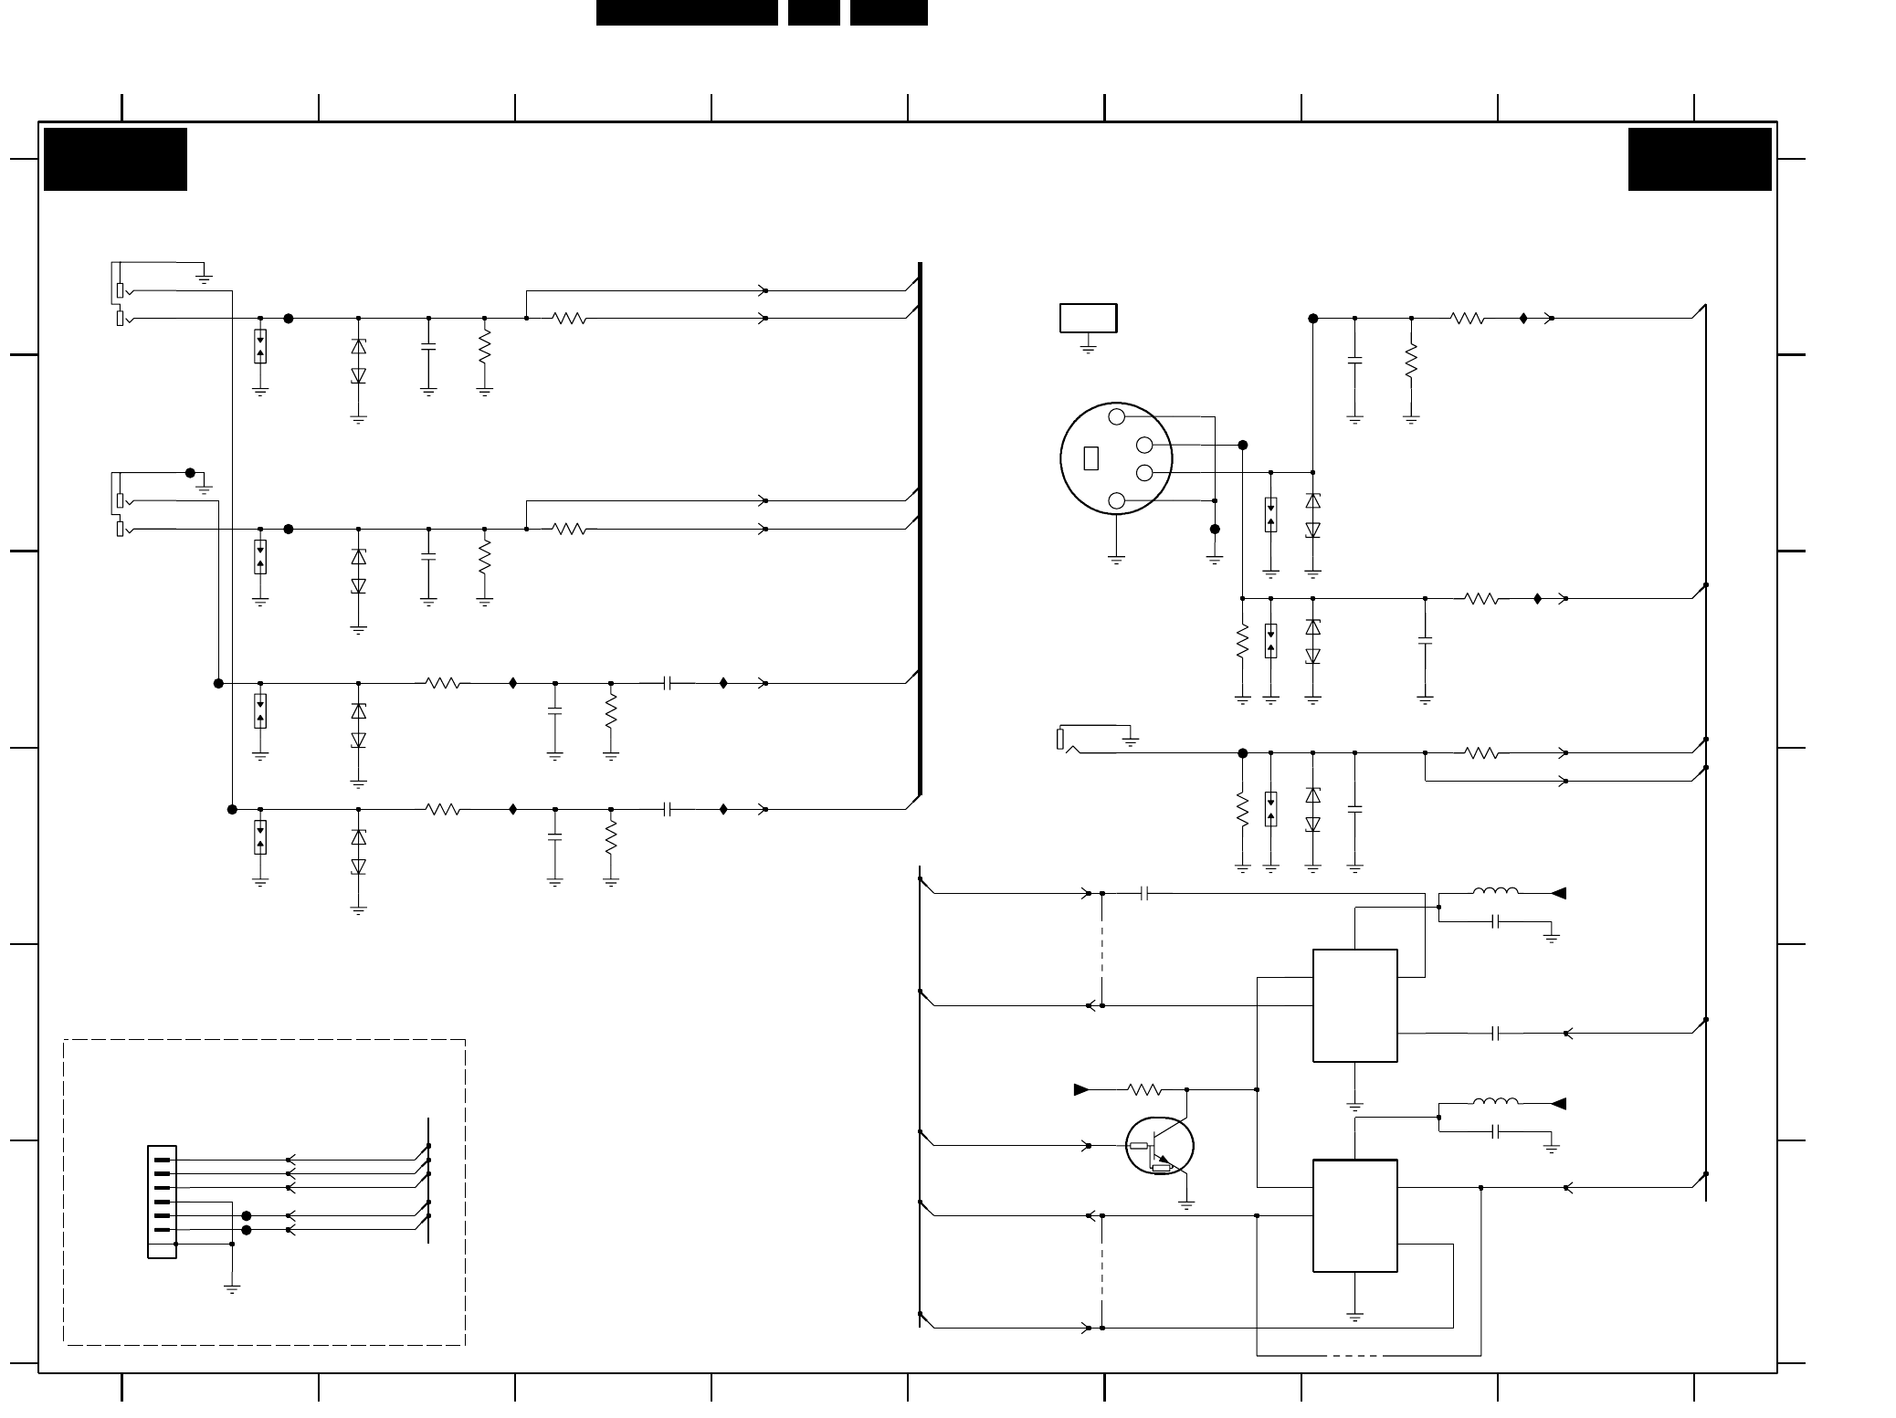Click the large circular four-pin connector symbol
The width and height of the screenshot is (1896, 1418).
click(x=1116, y=458)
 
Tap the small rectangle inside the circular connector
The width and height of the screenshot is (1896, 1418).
click(x=1090, y=458)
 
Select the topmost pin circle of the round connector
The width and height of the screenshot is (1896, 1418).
click(x=1116, y=417)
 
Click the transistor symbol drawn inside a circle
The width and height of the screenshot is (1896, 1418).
click(x=1159, y=1147)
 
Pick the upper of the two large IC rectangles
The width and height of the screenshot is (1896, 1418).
click(x=1354, y=1005)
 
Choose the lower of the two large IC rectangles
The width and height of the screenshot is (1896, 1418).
click(x=1354, y=1215)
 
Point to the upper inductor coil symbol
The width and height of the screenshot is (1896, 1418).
click(x=1495, y=892)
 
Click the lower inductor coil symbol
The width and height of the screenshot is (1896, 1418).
click(x=1495, y=1102)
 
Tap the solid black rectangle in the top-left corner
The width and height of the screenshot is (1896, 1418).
click(x=115, y=159)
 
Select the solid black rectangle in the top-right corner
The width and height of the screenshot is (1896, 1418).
click(x=1699, y=159)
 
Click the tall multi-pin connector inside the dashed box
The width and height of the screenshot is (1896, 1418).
click(x=162, y=1202)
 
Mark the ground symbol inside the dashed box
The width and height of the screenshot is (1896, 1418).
click(x=232, y=1289)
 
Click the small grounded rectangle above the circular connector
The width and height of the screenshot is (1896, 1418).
click(x=1088, y=318)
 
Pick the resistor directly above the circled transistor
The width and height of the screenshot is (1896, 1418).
click(x=1143, y=1089)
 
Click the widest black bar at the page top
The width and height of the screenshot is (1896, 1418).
click(x=687, y=12)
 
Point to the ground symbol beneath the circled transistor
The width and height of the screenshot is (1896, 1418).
click(x=1186, y=1205)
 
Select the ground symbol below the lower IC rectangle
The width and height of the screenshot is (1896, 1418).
click(x=1354, y=1317)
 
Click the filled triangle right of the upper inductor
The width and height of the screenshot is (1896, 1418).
click(x=1559, y=893)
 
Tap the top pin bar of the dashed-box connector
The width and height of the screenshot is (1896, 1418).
click(x=162, y=1160)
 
